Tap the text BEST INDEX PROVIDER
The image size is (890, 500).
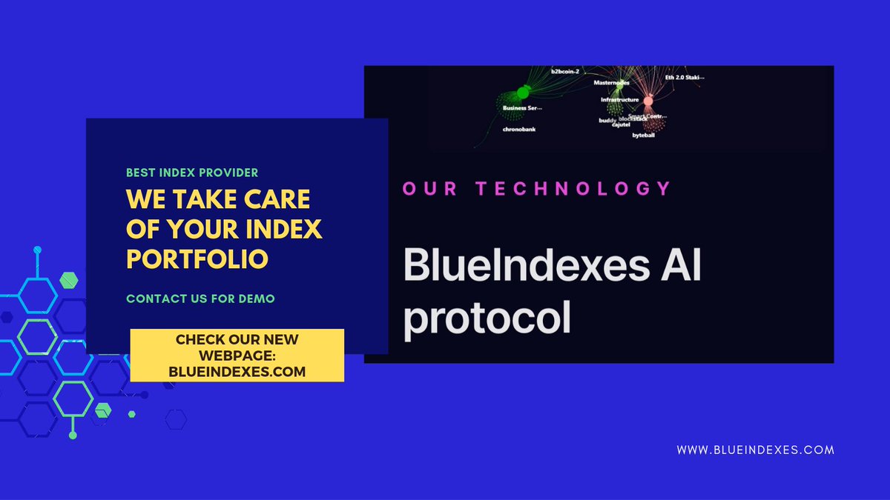tap(192, 173)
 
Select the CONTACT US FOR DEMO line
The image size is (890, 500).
tap(200, 299)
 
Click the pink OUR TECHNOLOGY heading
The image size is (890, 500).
tap(535, 188)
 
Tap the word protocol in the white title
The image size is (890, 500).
tap(487, 319)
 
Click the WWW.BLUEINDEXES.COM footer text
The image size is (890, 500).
tap(756, 450)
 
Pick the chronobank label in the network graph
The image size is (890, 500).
tap(519, 129)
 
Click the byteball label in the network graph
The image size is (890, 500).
tap(645, 136)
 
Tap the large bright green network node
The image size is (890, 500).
tap(522, 91)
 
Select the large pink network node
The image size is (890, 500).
tap(647, 100)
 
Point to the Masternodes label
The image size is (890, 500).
tap(611, 83)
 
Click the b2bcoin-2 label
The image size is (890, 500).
tap(564, 72)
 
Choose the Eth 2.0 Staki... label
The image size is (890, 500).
tap(685, 76)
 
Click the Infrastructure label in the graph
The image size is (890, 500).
tap(619, 99)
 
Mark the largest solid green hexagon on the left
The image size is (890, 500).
tap(69, 279)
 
